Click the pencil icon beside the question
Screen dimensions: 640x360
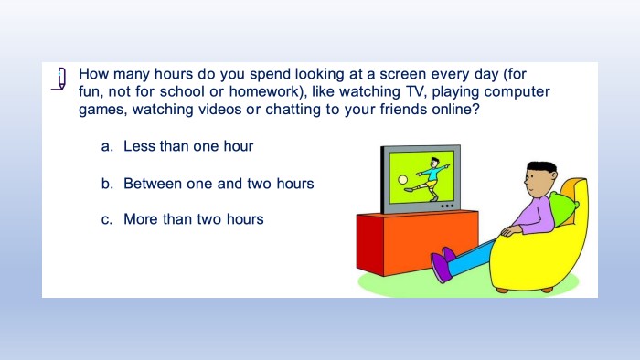tap(59, 79)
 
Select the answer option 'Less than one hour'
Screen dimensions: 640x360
tap(188, 146)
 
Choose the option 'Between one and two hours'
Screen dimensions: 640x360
tap(219, 184)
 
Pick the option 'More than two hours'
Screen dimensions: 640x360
tap(194, 219)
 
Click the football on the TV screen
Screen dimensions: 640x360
tap(402, 180)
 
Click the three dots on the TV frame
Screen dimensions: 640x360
tap(447, 206)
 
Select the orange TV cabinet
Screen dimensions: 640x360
tap(417, 242)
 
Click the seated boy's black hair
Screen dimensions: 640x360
tap(541, 166)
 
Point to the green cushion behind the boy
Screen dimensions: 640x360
tap(564, 208)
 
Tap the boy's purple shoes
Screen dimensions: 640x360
tap(443, 264)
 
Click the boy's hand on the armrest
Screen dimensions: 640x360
tap(510, 231)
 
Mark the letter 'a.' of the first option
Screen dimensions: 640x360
tap(107, 146)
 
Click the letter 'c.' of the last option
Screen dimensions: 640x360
tap(107, 220)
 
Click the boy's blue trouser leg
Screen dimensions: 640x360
tap(470, 257)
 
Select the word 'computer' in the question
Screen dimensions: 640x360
tap(517, 92)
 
